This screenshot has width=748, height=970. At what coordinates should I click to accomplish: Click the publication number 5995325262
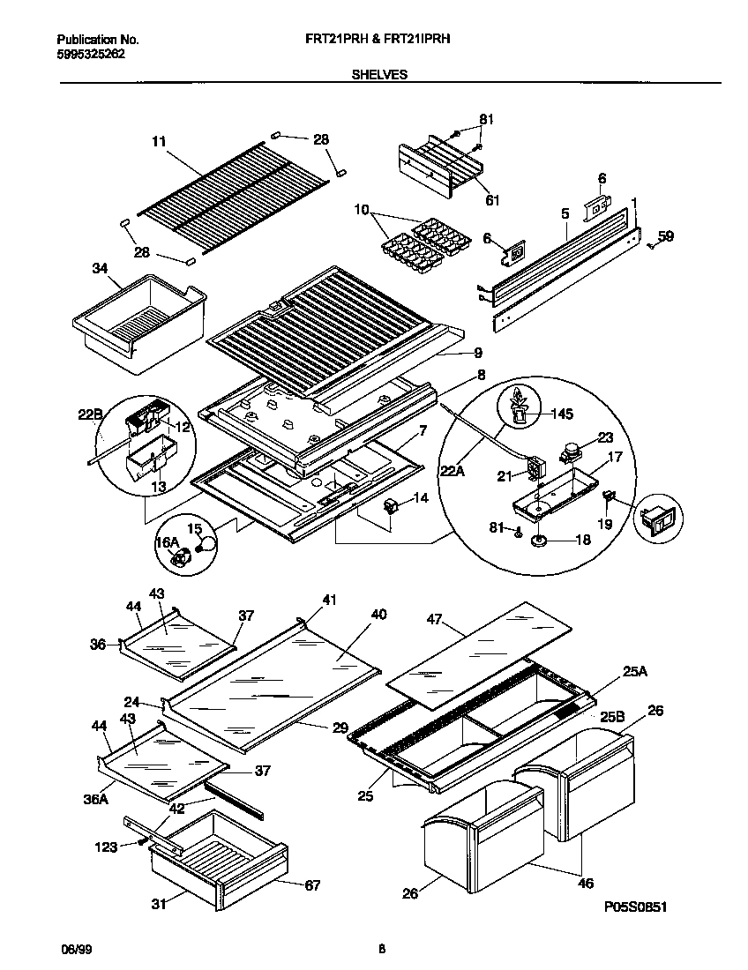[91, 54]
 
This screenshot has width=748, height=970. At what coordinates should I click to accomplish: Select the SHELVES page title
[379, 75]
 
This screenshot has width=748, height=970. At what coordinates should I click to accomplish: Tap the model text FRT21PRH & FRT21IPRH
[380, 40]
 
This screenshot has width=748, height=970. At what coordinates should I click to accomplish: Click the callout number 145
[562, 413]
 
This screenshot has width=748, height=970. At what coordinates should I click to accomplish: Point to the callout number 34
[100, 268]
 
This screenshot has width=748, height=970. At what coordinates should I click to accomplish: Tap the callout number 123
[105, 847]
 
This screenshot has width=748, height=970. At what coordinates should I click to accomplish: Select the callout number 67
[312, 884]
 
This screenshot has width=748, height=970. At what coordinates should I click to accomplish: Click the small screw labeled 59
[650, 246]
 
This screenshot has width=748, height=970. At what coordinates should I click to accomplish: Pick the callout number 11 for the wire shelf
[159, 140]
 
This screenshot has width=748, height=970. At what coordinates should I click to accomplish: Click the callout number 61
[492, 200]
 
